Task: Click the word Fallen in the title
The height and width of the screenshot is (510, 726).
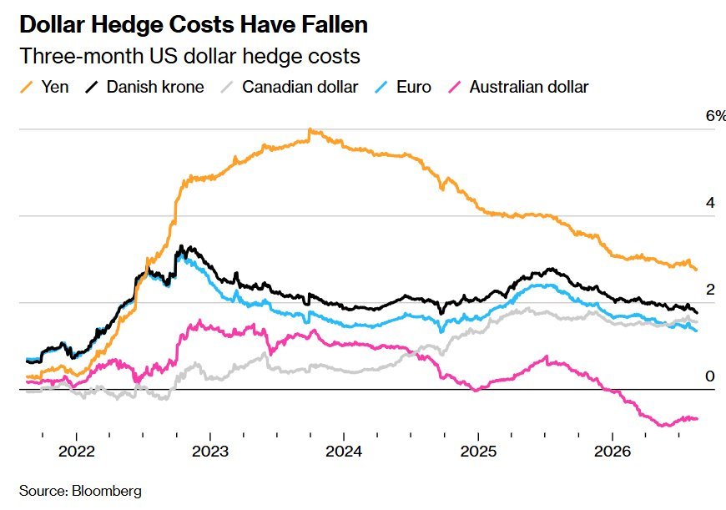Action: (335, 24)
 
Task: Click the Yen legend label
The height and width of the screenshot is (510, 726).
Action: (55, 87)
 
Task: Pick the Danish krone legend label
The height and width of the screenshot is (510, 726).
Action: (155, 87)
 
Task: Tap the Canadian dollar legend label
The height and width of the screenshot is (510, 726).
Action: (300, 87)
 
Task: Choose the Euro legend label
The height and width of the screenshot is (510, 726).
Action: (413, 87)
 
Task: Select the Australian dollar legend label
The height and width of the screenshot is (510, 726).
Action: (529, 87)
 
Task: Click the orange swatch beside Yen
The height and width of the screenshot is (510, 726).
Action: (27, 87)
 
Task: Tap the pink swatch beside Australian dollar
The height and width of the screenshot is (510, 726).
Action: (455, 87)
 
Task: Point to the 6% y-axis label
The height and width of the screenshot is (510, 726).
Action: (715, 116)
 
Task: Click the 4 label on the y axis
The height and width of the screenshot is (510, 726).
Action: (710, 203)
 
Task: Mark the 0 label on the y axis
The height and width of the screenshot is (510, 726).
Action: (710, 376)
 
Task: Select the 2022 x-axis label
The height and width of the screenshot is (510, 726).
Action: (77, 452)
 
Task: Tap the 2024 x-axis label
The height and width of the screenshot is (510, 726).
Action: (344, 452)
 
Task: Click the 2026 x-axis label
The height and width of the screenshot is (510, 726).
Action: (613, 452)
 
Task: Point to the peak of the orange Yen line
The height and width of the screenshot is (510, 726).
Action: (310, 129)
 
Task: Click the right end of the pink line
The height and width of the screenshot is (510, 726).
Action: (697, 419)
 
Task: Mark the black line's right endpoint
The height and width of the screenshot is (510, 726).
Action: (697, 313)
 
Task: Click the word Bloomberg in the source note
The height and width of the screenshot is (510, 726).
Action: (107, 491)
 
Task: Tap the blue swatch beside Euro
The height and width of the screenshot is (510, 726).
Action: (381, 87)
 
